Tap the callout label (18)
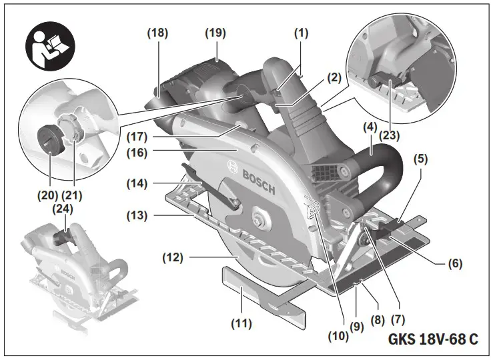point(158,32)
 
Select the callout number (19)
point(215,32)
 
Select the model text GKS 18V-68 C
point(432,339)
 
